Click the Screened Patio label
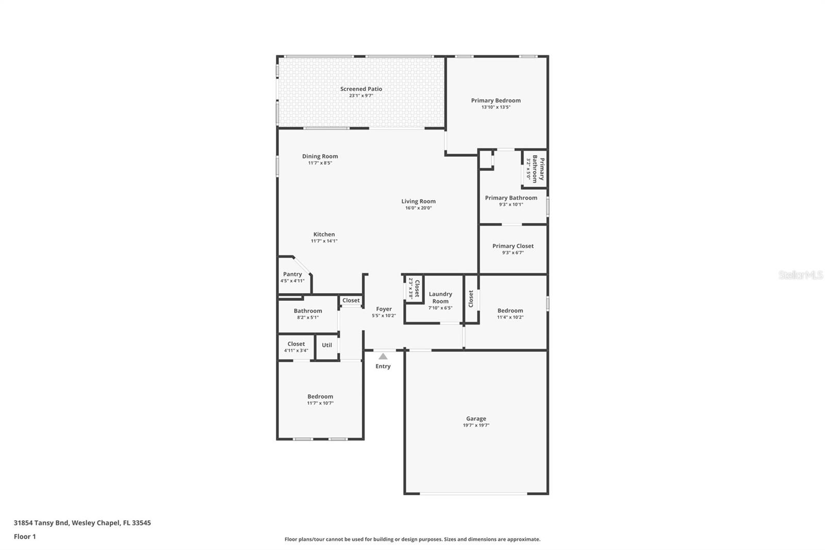[x=361, y=89]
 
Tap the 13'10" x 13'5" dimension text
[x=496, y=107]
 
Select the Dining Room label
[x=320, y=156]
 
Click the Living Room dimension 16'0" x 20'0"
[x=418, y=208]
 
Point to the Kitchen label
[x=324, y=234]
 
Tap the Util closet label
[x=327, y=345]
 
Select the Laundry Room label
[x=440, y=298]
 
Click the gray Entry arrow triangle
[x=383, y=357]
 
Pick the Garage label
[x=476, y=419]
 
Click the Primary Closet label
[x=513, y=246]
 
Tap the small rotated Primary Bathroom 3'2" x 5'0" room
[x=535, y=168]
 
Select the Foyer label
[x=384, y=309]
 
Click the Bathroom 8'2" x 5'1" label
[x=308, y=311]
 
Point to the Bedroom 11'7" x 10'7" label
[x=320, y=397]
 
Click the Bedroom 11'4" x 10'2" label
[x=510, y=311]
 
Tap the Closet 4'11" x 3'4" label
[x=296, y=344]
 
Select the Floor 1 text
[x=25, y=537]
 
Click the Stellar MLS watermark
[x=800, y=275]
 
